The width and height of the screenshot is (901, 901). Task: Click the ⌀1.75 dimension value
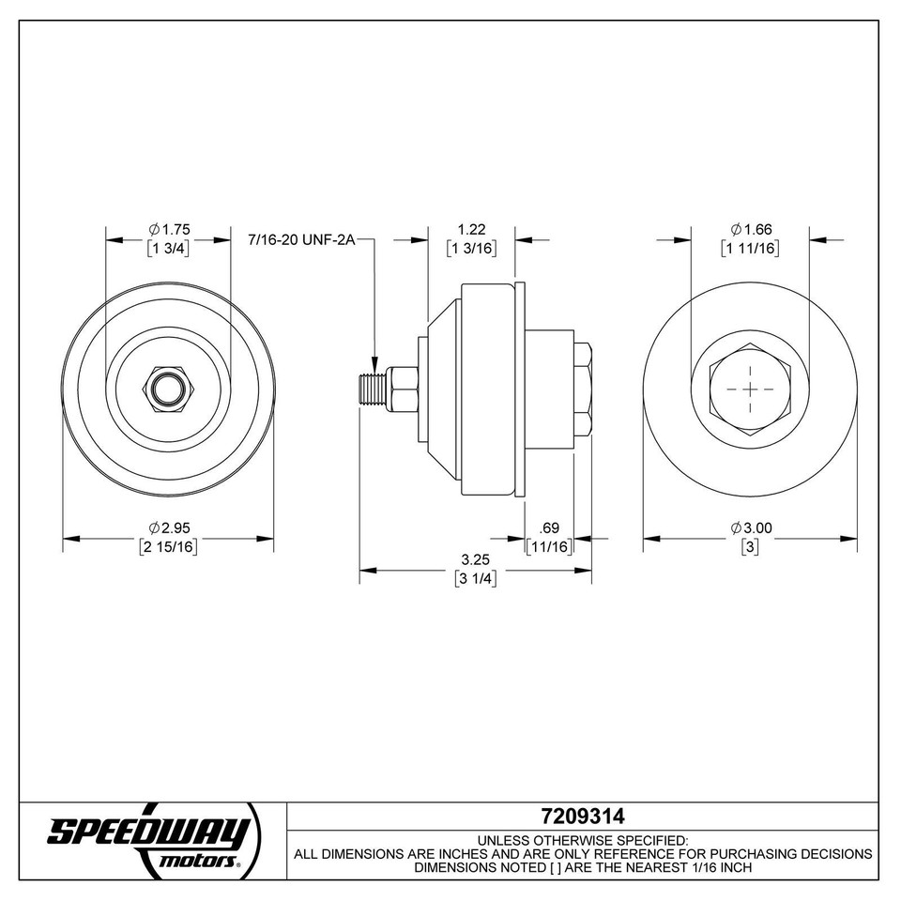click(x=169, y=229)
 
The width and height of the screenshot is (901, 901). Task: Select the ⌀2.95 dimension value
click(x=169, y=528)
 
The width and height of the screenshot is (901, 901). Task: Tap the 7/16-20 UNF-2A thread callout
click(x=301, y=240)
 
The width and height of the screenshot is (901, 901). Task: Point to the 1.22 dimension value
click(x=471, y=229)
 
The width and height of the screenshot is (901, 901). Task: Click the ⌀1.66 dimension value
click(x=751, y=229)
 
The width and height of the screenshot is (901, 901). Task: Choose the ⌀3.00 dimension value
click(x=751, y=528)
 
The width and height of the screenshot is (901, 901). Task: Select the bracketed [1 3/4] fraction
click(x=169, y=249)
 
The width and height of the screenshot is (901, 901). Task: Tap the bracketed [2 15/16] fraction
click(x=169, y=547)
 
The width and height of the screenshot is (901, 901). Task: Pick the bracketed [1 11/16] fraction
click(x=751, y=249)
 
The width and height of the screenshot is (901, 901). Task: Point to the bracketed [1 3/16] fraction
click(x=471, y=249)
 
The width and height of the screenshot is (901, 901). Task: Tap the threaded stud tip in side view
click(x=367, y=387)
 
